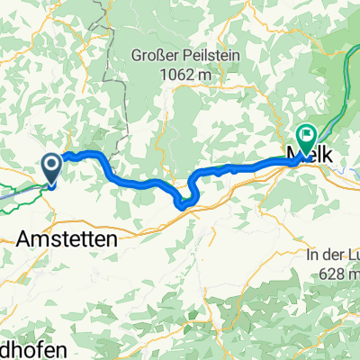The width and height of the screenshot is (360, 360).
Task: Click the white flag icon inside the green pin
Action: [306, 136]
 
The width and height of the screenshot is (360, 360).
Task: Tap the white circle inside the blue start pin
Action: [50, 164]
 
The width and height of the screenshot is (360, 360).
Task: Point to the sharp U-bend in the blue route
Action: [185, 202]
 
